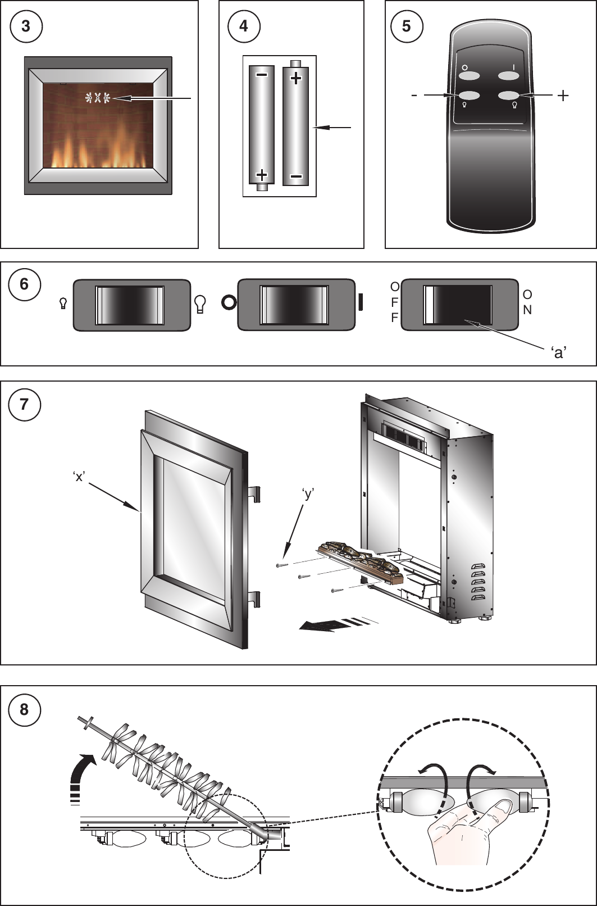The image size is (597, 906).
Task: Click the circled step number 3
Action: (x=26, y=26)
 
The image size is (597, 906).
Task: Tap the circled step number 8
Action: (x=24, y=709)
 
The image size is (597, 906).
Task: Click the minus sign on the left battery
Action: (x=261, y=75)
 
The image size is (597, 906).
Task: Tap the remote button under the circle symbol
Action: (x=465, y=77)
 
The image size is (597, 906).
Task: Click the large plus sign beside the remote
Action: (x=563, y=96)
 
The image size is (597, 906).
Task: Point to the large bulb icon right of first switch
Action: (x=199, y=304)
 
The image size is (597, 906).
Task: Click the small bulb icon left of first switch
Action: (x=63, y=304)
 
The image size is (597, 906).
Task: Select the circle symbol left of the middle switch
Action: (x=229, y=303)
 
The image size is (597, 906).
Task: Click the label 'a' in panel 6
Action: (x=558, y=352)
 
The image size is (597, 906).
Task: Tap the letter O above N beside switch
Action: (x=527, y=295)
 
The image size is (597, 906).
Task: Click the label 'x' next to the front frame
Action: (x=79, y=477)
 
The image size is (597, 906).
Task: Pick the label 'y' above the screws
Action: (x=307, y=494)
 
